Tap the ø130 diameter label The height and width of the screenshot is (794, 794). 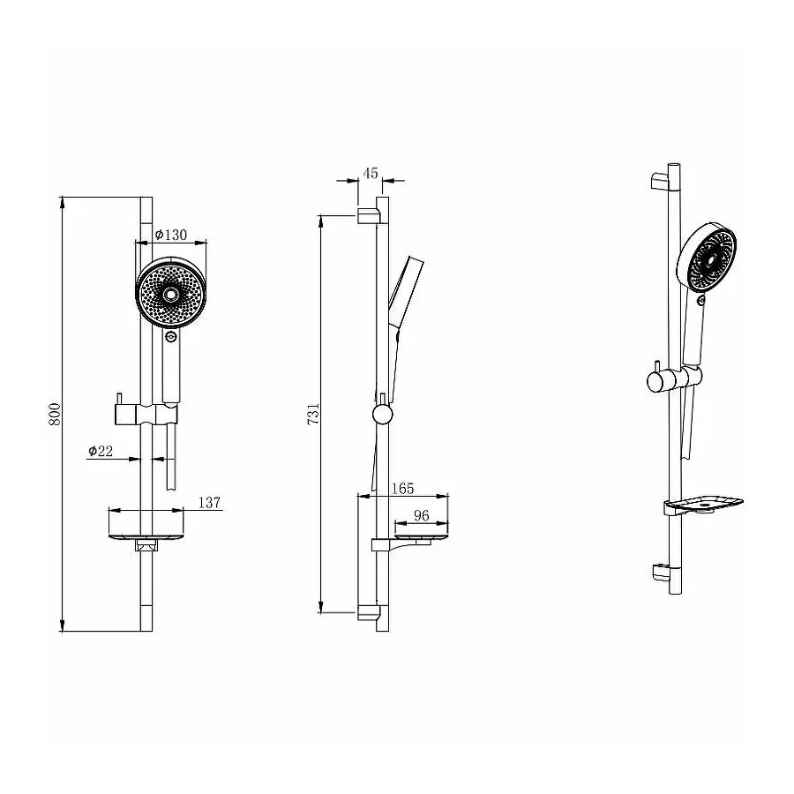click(170, 235)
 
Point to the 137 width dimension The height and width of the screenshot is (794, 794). click(209, 503)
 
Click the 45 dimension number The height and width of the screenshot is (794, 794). click(371, 173)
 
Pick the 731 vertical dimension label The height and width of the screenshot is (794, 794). click(312, 415)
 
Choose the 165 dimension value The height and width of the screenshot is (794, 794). click(401, 488)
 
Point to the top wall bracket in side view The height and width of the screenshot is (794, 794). click(368, 216)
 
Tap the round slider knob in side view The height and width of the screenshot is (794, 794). click(382, 415)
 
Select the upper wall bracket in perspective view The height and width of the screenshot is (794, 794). click(662, 184)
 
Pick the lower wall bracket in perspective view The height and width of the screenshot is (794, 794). click(661, 572)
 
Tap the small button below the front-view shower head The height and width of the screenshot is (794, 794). click(170, 336)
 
